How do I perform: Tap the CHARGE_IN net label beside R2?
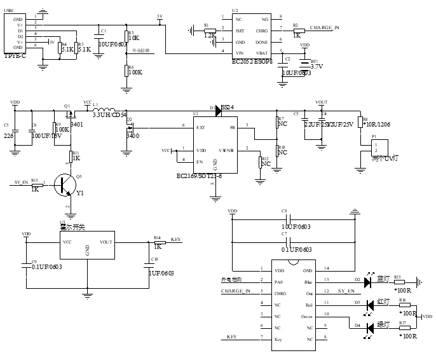pos(324,28)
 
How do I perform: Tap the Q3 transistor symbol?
pos(63,183)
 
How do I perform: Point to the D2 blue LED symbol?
pos(367,279)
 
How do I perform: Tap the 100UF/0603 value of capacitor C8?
pos(289,226)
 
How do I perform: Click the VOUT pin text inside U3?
pos(106,242)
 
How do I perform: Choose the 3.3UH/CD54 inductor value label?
pos(110,116)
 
